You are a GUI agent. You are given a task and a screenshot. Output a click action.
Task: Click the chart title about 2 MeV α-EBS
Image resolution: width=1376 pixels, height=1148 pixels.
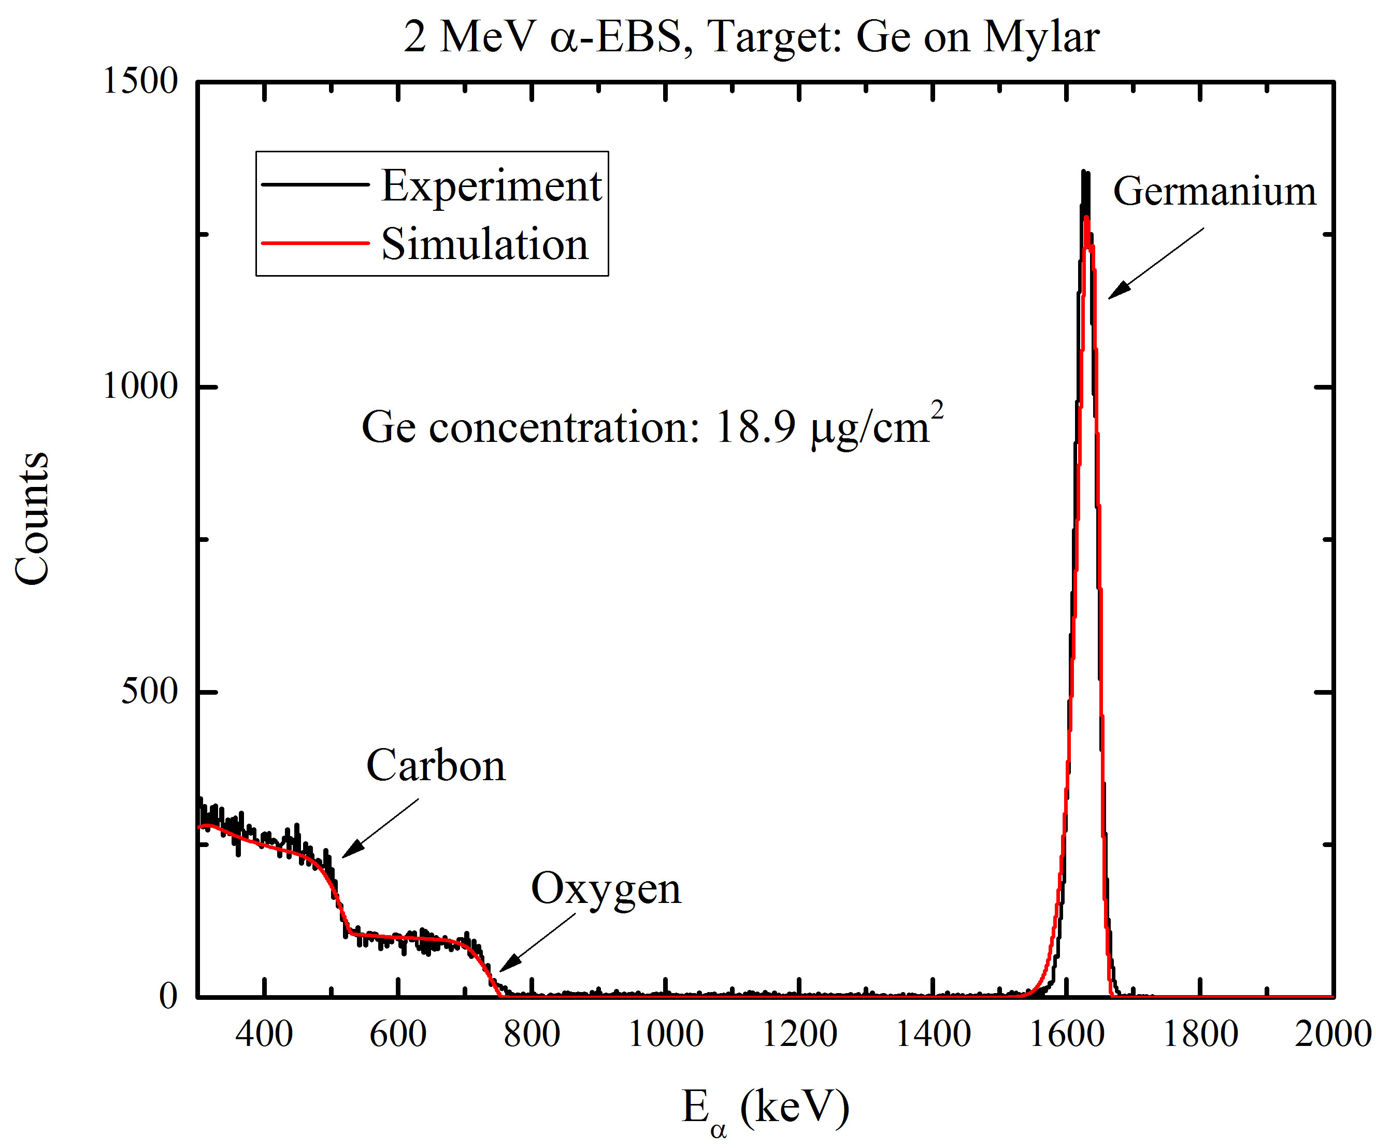[x=751, y=37]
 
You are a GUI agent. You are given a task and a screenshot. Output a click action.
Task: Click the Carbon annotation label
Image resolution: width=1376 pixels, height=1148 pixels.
[x=436, y=765]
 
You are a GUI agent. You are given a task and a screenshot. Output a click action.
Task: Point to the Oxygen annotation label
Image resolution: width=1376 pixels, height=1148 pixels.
[x=606, y=889]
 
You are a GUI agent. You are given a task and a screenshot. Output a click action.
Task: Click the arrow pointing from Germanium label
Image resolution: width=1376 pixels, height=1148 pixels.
[x=1156, y=263]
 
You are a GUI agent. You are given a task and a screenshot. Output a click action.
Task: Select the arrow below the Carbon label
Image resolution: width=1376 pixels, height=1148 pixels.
[x=380, y=827]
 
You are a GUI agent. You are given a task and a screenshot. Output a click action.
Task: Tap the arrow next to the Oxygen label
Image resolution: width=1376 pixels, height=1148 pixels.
[x=537, y=943]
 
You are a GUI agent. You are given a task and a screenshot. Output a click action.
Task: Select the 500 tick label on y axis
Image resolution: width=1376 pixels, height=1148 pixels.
[x=149, y=691]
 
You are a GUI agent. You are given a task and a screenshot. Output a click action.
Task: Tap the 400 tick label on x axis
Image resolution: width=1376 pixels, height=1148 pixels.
[x=264, y=1035]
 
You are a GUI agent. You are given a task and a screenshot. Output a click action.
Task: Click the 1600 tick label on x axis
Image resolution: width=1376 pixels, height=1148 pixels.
[x=1067, y=1035]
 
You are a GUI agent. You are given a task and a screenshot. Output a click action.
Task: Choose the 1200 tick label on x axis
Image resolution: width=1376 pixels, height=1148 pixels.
[x=799, y=1035]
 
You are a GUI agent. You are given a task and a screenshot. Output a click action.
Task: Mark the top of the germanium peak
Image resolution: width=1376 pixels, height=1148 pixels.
[x=1084, y=173]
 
